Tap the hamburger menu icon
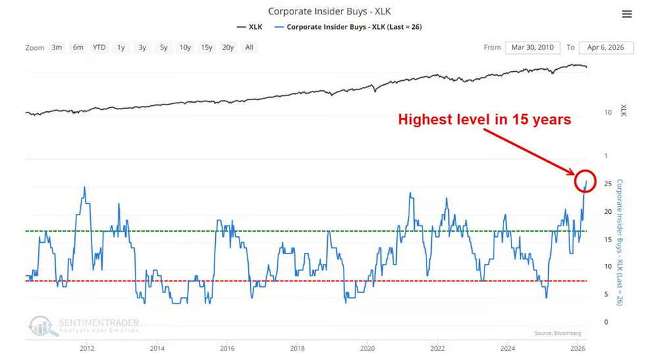627,14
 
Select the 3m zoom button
57,47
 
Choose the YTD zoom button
99,47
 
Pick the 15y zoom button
207,47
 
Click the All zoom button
249,47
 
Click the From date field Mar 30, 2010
532,47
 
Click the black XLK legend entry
251,27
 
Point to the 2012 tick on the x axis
86,347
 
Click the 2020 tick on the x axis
367,347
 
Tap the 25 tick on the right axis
606,183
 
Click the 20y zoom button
228,47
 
